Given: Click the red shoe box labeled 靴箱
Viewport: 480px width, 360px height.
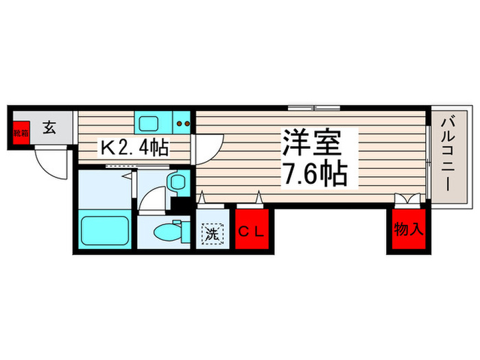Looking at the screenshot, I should pos(22,130).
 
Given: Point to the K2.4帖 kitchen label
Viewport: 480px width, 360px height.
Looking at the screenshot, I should pos(134,148).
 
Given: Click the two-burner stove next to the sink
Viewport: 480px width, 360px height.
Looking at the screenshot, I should pos(182,123).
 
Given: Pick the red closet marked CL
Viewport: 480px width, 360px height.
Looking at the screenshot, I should pos(251,232).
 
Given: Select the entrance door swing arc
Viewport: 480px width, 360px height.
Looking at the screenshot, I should pos(49,165).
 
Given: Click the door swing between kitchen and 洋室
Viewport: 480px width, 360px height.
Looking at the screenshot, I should pos(208,146).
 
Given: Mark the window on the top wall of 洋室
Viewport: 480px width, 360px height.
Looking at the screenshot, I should pos(315,108).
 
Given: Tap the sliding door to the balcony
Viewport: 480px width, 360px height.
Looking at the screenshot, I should pos(429,157).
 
